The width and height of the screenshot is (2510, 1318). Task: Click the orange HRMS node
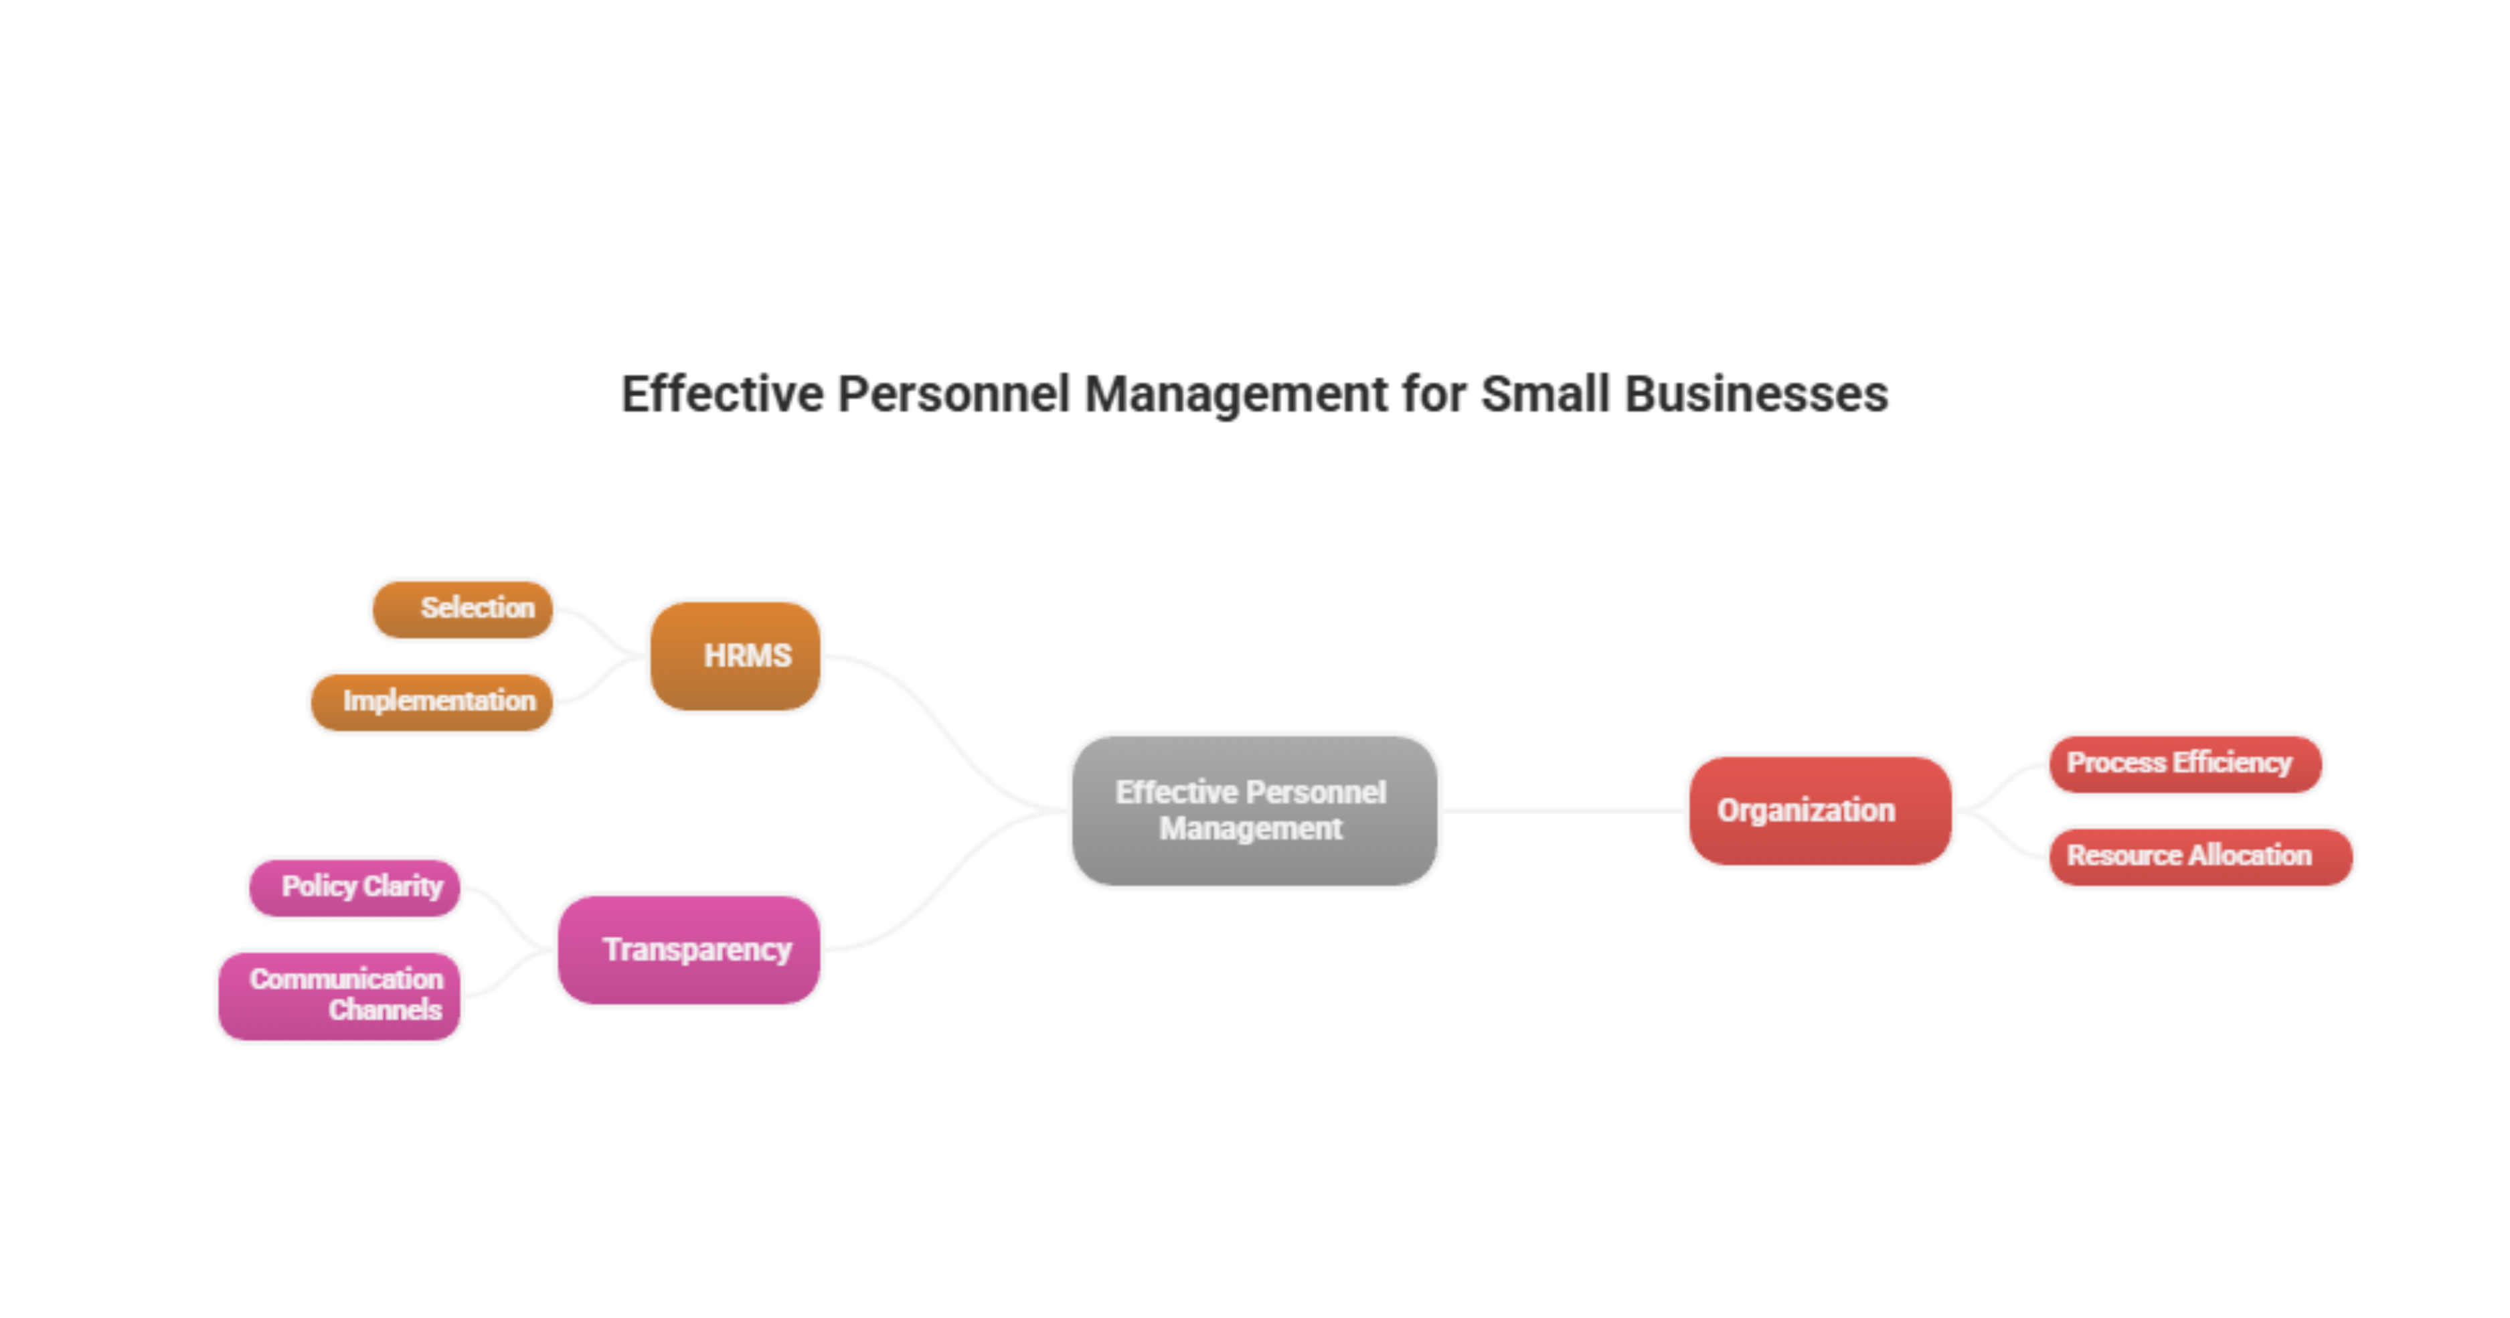(x=736, y=655)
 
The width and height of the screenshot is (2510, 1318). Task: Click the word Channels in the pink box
(x=385, y=1010)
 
